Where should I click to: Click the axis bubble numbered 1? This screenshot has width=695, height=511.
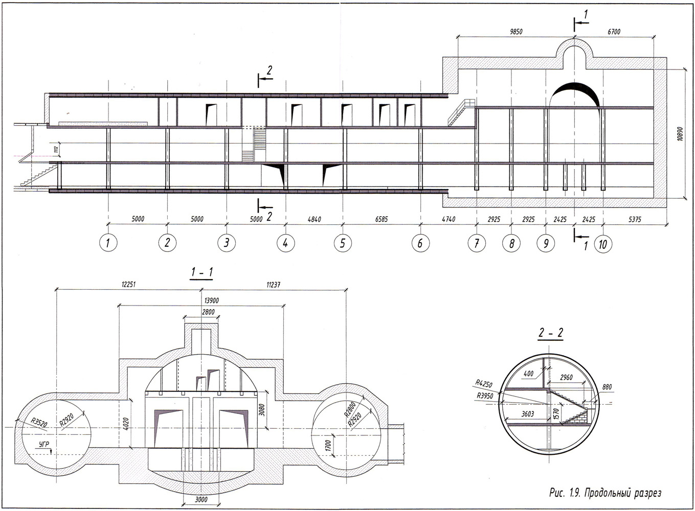108,243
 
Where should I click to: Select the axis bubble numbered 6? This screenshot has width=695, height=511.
420,243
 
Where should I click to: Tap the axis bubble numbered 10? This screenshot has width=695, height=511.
603,244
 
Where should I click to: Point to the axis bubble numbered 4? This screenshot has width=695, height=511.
285,243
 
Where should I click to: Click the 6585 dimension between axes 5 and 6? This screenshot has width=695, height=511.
382,219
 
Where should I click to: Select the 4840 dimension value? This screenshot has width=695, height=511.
314,219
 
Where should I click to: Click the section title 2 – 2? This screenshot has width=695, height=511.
550,333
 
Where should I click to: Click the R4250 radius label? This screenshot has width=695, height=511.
483,382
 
